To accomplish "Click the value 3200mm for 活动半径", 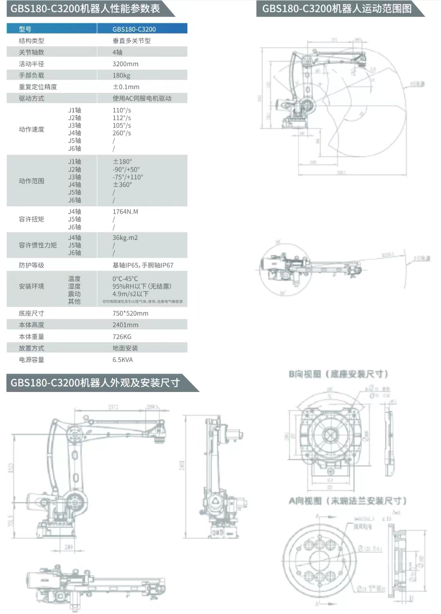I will click(x=125, y=64).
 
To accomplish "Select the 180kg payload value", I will click(x=121, y=75).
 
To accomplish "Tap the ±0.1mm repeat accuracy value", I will click(x=126, y=87).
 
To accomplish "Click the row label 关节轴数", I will click(x=31, y=52).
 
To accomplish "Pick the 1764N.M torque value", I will click(x=125, y=212).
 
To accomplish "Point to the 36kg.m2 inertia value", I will click(x=125, y=237).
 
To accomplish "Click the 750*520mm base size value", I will click(x=130, y=313).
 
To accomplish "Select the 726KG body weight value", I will click(x=122, y=337).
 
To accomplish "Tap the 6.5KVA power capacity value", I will click(x=122, y=359).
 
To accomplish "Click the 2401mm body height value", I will click(x=125, y=325).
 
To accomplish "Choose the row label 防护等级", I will click(x=31, y=265).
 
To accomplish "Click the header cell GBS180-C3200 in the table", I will click(x=134, y=29).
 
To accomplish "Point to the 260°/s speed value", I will click(x=122, y=133).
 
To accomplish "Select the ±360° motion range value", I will click(x=122, y=185).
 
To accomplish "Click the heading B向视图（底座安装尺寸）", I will click(x=338, y=374).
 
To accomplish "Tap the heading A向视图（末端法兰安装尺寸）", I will click(x=347, y=501).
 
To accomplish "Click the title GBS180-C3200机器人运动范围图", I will click(x=336, y=8).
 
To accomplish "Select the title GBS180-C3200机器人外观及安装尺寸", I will click(x=95, y=383).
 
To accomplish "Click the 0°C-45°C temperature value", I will click(x=125, y=279).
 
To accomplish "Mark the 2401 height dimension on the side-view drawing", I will click(x=182, y=466).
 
